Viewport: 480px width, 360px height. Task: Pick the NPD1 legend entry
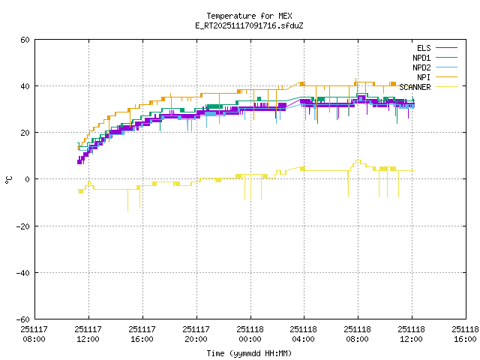click(421, 58)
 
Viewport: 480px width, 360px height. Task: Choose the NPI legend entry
click(424, 77)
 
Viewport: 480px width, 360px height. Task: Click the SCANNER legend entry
click(415, 87)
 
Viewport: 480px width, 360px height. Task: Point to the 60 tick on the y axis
click(25, 40)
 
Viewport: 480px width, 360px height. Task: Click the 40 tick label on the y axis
click(25, 86)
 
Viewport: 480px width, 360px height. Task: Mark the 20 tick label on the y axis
click(25, 133)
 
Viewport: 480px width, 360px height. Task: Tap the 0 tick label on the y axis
click(28, 179)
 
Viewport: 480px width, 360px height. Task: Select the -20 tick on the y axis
click(23, 226)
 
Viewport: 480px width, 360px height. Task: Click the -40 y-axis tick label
click(23, 272)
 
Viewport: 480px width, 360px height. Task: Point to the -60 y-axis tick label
click(23, 319)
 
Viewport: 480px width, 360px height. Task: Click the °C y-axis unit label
click(8, 179)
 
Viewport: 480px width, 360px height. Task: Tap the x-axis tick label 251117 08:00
click(34, 334)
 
